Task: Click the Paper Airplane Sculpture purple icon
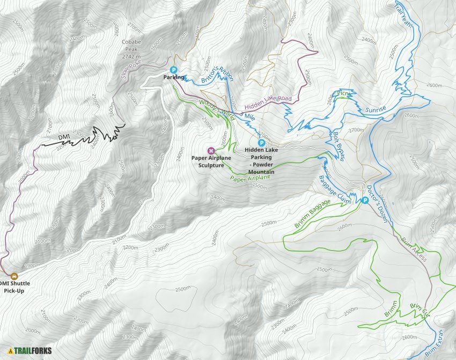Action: pyautogui.click(x=211, y=150)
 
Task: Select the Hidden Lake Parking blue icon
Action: pyautogui.click(x=261, y=143)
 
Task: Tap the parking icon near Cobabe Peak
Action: pyautogui.click(x=173, y=69)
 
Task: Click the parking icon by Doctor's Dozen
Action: pyautogui.click(x=365, y=200)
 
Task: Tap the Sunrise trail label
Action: pyautogui.click(x=376, y=110)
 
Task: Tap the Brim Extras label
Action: pyautogui.click(x=439, y=343)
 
